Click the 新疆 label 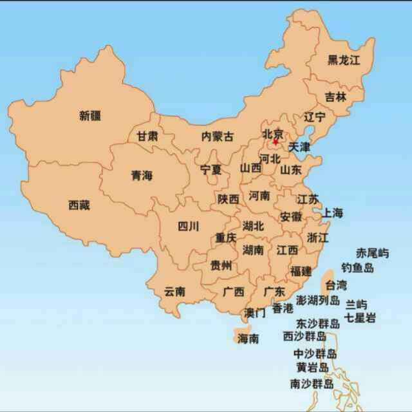pyautogui.click(x=91, y=116)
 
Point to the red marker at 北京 pyautogui.click(x=276, y=140)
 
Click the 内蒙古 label pyautogui.click(x=218, y=136)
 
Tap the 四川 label pyautogui.click(x=188, y=226)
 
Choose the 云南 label pyautogui.click(x=174, y=291)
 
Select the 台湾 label pyautogui.click(x=336, y=285)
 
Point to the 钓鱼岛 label pyautogui.click(x=357, y=268)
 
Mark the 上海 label pyautogui.click(x=333, y=212)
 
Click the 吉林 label pyautogui.click(x=335, y=97)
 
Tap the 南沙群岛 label pyautogui.click(x=312, y=384)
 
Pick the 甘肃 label pyautogui.click(x=147, y=136)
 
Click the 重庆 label pyautogui.click(x=227, y=238)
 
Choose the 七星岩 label pyautogui.click(x=360, y=317)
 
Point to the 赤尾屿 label pyautogui.click(x=373, y=252)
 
